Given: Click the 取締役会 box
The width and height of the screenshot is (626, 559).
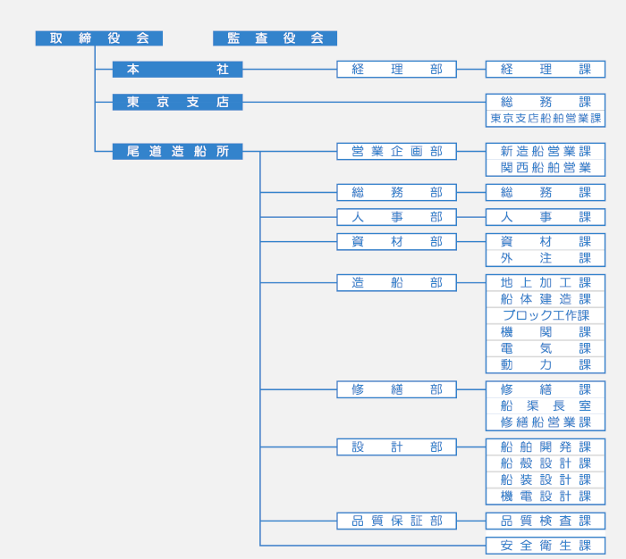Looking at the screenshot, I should [x=98, y=38].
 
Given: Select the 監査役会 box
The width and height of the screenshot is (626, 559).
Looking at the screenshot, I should [x=275, y=38].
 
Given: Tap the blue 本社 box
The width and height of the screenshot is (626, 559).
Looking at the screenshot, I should [x=177, y=70].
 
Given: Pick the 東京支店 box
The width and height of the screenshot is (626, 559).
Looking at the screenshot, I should [x=177, y=102].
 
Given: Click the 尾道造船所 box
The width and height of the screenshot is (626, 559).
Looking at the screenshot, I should [x=177, y=152].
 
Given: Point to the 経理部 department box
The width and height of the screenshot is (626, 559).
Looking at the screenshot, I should [x=396, y=70].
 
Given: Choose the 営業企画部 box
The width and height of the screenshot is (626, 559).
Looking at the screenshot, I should [x=396, y=152].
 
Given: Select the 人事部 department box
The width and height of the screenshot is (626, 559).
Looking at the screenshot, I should [x=396, y=217].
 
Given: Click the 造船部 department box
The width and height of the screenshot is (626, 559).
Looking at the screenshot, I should [x=396, y=283].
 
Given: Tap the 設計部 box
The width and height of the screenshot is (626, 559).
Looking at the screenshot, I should [x=396, y=447].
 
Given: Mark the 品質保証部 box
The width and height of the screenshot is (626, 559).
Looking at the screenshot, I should [x=396, y=521].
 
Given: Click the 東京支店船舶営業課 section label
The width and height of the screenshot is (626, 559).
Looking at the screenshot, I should [x=546, y=119].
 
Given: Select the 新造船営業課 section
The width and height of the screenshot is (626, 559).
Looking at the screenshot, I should [x=546, y=152].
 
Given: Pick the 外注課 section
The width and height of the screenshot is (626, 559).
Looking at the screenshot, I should [x=546, y=258].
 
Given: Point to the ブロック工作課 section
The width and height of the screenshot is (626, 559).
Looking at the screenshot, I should [x=546, y=315].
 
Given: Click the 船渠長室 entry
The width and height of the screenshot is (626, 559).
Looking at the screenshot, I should [x=546, y=406].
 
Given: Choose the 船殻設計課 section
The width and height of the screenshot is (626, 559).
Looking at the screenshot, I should [x=546, y=463].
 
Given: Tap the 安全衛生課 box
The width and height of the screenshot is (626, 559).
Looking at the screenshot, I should [x=546, y=546].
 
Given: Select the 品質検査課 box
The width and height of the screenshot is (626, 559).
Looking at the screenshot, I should [x=546, y=521].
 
